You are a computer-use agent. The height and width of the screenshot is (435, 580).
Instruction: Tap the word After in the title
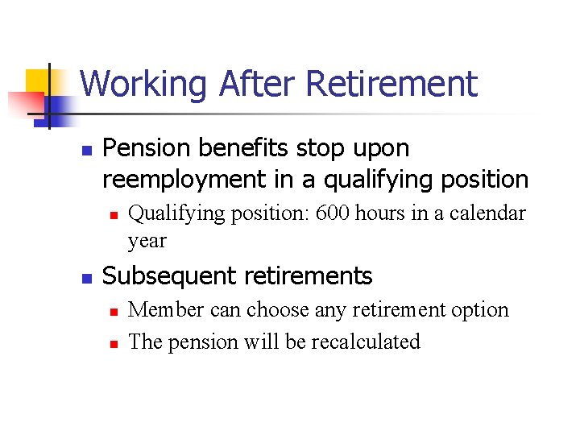(x=246, y=84)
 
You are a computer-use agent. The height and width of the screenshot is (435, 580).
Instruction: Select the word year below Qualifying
(x=147, y=240)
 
